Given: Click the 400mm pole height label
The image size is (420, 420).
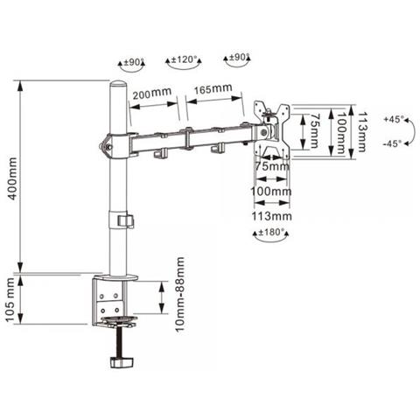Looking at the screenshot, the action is pos(12,178).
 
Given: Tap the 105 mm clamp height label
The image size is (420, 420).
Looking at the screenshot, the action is pos(10,299).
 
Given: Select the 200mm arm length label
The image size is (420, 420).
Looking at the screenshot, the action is pos(152,94).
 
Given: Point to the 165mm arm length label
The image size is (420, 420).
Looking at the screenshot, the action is pos(213,88).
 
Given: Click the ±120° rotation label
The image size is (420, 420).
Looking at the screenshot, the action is pos(184,59).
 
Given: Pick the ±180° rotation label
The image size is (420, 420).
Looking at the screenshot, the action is pos(271,232).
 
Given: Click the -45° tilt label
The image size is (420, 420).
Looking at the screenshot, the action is pos(392,143).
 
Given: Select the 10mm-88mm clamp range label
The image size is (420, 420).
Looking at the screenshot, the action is pos(180,294).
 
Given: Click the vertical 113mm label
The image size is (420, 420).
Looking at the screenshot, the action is pos(361,132).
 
